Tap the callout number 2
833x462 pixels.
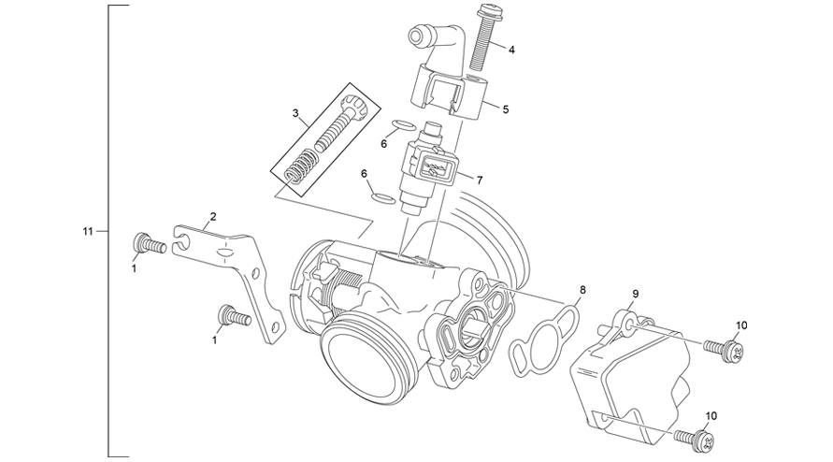click(213, 216)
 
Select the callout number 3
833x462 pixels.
click(295, 114)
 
